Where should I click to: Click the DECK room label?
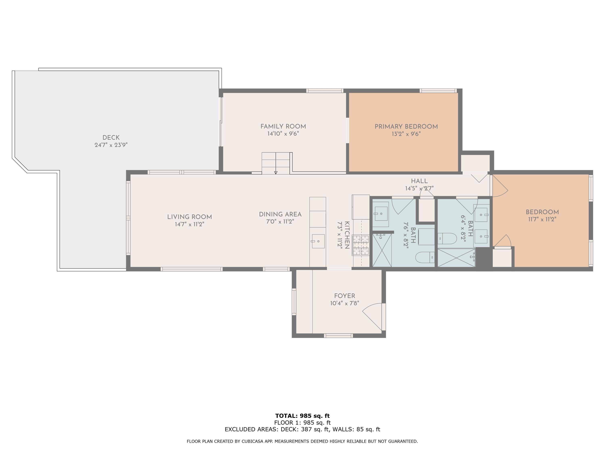111,138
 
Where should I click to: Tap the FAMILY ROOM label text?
283,127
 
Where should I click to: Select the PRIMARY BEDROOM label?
406,127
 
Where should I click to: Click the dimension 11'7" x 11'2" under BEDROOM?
542,219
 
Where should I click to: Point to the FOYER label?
344,296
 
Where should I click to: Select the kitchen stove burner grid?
361,245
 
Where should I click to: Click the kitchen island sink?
318,241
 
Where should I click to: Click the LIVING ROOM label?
190,217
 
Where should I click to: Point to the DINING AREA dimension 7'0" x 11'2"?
280,221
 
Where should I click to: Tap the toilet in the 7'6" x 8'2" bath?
425,257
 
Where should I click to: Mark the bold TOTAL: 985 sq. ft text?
302,416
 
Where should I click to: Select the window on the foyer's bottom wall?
338,336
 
